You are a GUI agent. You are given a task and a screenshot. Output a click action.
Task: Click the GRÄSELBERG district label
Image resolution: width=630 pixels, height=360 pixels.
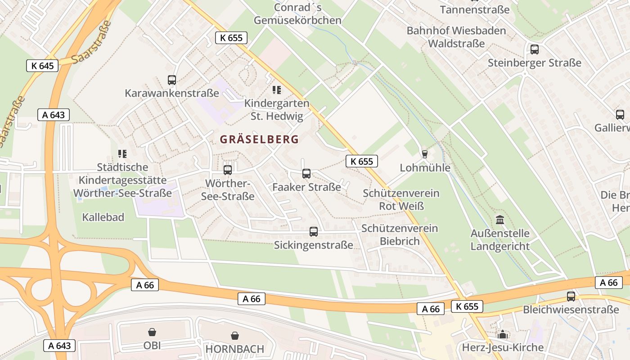coord(259,139)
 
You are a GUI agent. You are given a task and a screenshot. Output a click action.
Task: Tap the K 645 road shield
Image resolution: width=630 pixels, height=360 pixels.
coord(43,66)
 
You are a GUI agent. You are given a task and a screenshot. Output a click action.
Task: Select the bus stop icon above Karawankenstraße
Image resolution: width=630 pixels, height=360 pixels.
coord(172,80)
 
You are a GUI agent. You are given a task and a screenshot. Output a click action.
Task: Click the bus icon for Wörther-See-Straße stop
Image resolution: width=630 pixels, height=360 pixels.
coord(228,170)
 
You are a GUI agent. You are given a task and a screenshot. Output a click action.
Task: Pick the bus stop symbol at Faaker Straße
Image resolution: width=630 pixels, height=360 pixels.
coord(306,174)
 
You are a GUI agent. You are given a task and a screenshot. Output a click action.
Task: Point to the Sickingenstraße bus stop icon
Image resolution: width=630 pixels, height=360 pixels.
coord(314,232)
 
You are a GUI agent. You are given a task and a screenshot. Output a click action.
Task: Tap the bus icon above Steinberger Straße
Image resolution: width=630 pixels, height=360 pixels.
coord(535,49)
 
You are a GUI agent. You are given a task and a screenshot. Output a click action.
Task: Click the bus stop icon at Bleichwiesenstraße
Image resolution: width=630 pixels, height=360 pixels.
coord(571,297)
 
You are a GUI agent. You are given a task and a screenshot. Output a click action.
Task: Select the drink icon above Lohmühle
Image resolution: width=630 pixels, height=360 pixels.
coord(424,154)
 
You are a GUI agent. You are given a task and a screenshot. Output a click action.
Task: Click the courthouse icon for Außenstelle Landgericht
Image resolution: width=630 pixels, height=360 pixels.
coord(500,220)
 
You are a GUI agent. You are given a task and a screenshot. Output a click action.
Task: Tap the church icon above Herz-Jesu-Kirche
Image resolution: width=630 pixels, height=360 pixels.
coord(503,334)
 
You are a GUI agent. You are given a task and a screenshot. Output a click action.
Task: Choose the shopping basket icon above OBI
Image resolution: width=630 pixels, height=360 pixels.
coord(152,332)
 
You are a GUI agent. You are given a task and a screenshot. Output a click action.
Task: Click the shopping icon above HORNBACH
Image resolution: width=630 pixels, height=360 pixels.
coord(234,335)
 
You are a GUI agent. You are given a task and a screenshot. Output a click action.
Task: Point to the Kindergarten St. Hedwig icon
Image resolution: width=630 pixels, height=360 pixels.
coord(277,90)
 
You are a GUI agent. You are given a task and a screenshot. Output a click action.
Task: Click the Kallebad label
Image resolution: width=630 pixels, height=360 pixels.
coord(103,217)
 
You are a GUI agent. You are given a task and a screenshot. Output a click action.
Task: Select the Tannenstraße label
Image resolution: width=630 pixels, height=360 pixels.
coord(474,9)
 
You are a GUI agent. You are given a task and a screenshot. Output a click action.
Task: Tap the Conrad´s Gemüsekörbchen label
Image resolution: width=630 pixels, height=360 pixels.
coord(297,14)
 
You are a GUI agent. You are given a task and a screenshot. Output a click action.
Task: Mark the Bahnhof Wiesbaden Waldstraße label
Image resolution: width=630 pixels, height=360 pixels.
coord(456,37)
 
